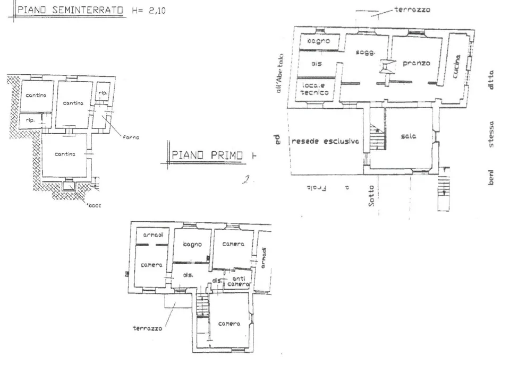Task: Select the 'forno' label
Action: pyautogui.click(x=131, y=137)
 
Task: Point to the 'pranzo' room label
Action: pyautogui.click(x=416, y=63)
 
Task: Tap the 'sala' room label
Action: pyautogui.click(x=409, y=136)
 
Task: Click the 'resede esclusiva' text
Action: pyautogui.click(x=325, y=142)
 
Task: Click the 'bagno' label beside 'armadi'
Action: pyautogui.click(x=192, y=245)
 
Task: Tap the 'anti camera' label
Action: pyautogui.click(x=239, y=281)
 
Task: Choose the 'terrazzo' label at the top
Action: pyautogui.click(x=412, y=10)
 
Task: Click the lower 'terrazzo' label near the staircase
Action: pyautogui.click(x=147, y=328)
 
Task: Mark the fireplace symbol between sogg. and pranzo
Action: pyautogui.click(x=387, y=66)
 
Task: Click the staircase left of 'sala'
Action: pyautogui.click(x=378, y=137)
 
